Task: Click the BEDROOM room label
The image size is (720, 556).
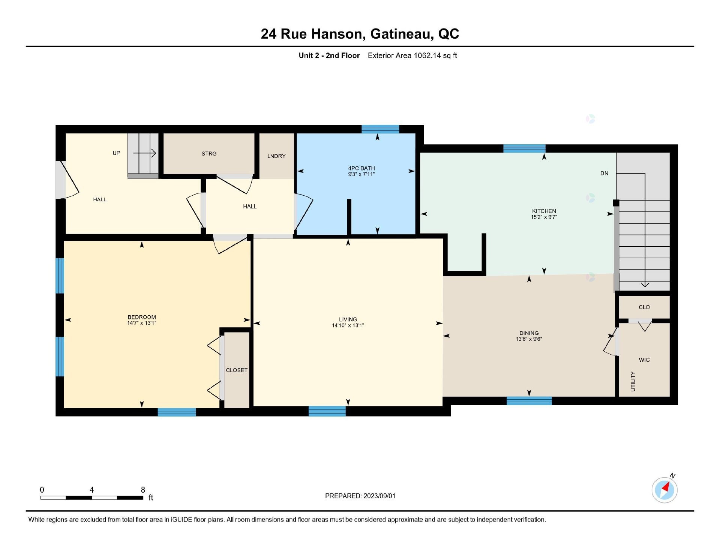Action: click(141, 317)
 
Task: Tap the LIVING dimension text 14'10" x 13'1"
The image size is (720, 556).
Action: click(348, 325)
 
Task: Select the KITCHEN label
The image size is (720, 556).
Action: click(544, 211)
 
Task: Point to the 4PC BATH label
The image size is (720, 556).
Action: click(361, 168)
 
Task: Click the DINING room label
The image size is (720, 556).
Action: click(529, 333)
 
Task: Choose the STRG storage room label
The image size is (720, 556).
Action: click(209, 154)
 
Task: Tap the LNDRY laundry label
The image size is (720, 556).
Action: click(276, 156)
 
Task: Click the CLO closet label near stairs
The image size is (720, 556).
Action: click(644, 307)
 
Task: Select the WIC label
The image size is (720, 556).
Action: click(644, 360)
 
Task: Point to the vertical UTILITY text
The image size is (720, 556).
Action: click(633, 381)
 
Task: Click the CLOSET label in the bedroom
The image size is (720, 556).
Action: click(237, 370)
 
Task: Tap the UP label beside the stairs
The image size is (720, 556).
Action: click(116, 153)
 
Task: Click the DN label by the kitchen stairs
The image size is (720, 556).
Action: click(604, 173)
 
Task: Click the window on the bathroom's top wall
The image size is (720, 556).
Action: click(380, 129)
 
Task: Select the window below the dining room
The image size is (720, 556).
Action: click(529, 401)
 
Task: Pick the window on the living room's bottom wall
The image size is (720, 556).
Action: click(327, 411)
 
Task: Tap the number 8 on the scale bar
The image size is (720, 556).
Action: click(142, 490)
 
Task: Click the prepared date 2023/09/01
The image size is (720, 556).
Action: click(379, 496)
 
